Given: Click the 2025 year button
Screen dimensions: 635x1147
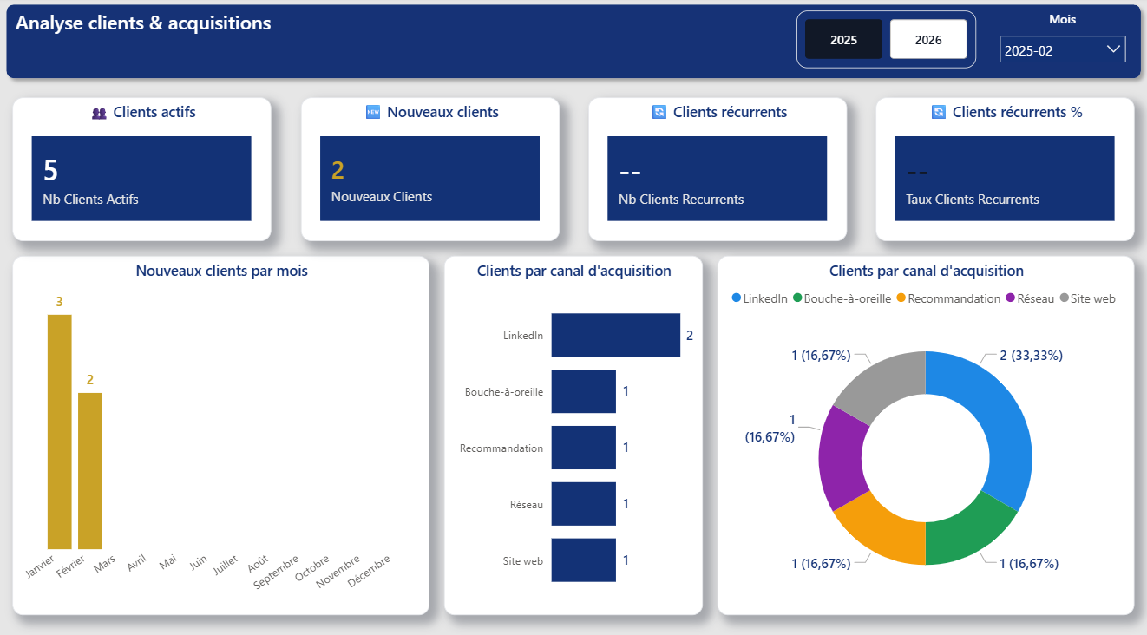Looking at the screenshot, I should coord(843,40).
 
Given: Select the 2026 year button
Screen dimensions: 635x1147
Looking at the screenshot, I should coord(928,40).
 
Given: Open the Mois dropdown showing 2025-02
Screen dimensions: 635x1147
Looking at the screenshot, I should coord(1062,50).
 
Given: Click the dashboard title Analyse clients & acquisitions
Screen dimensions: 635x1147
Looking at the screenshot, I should coord(143,23).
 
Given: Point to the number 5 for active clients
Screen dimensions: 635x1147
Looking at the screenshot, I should coord(50,171).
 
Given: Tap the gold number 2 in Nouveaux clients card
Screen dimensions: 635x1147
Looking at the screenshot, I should coord(338,171).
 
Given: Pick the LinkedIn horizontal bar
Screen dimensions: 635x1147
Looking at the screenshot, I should coord(615,335).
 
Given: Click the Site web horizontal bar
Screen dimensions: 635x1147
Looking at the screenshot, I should coord(583,560).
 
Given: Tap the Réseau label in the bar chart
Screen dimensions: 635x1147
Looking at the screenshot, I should coord(526,505).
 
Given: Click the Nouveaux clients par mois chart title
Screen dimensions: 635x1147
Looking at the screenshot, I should coord(221,271).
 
